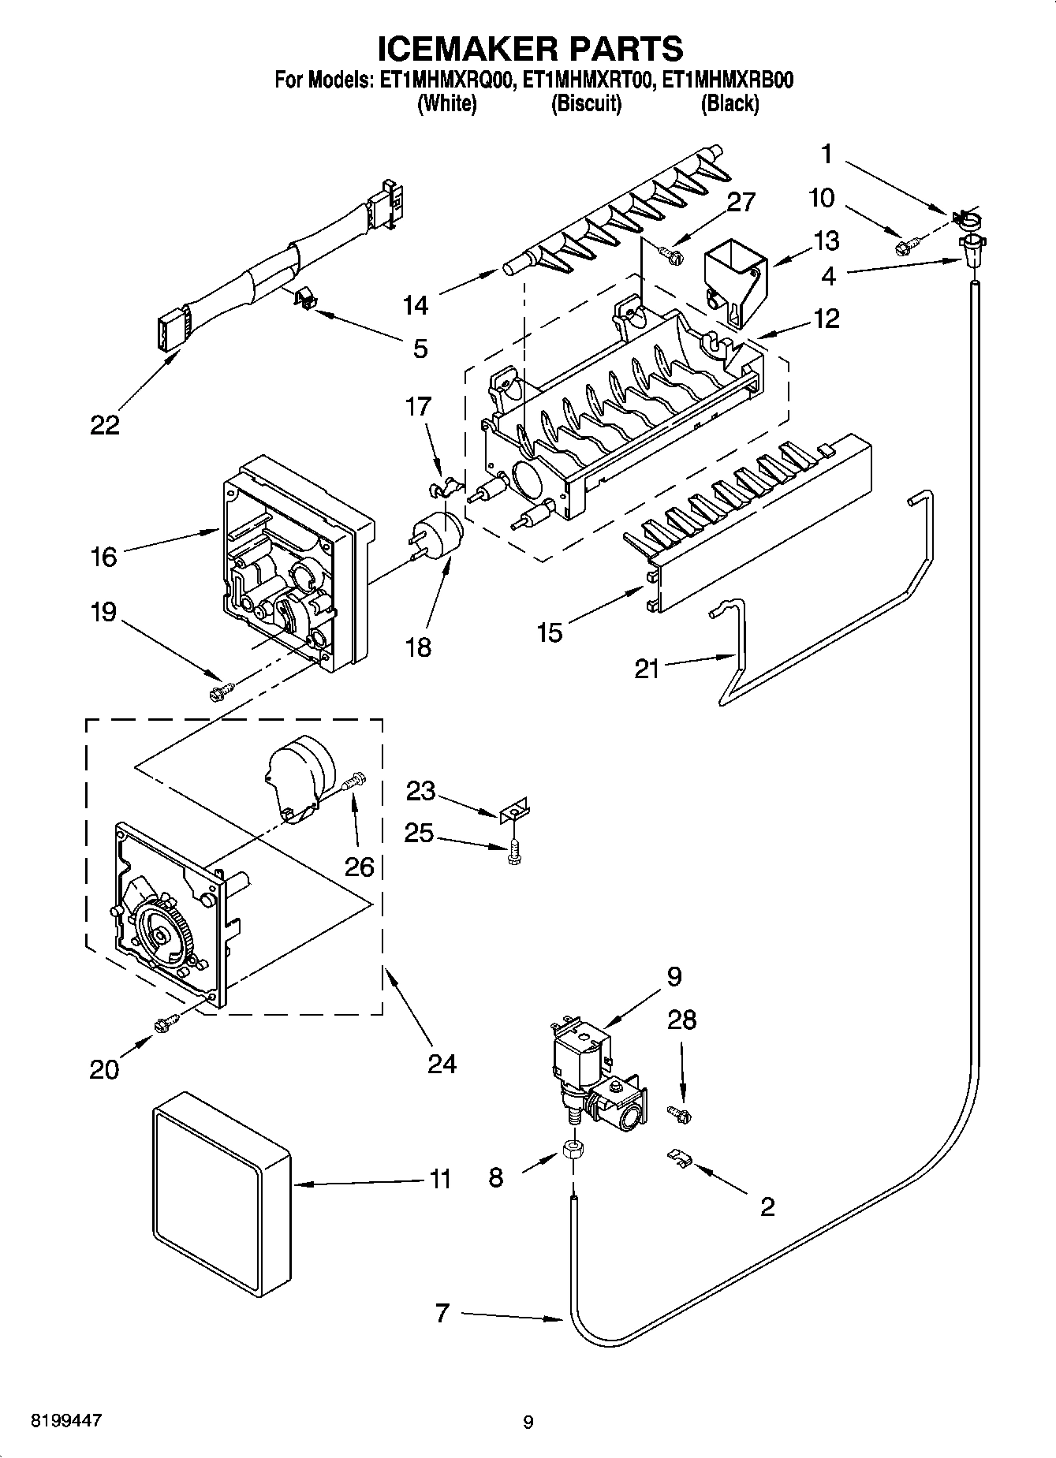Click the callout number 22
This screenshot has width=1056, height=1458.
104,426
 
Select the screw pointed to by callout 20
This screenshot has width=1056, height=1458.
166,1024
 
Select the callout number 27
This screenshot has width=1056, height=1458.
740,202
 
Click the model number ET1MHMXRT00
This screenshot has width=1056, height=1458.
587,80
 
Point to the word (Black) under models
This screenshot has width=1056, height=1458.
729,103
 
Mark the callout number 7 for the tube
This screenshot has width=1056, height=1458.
442,1313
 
